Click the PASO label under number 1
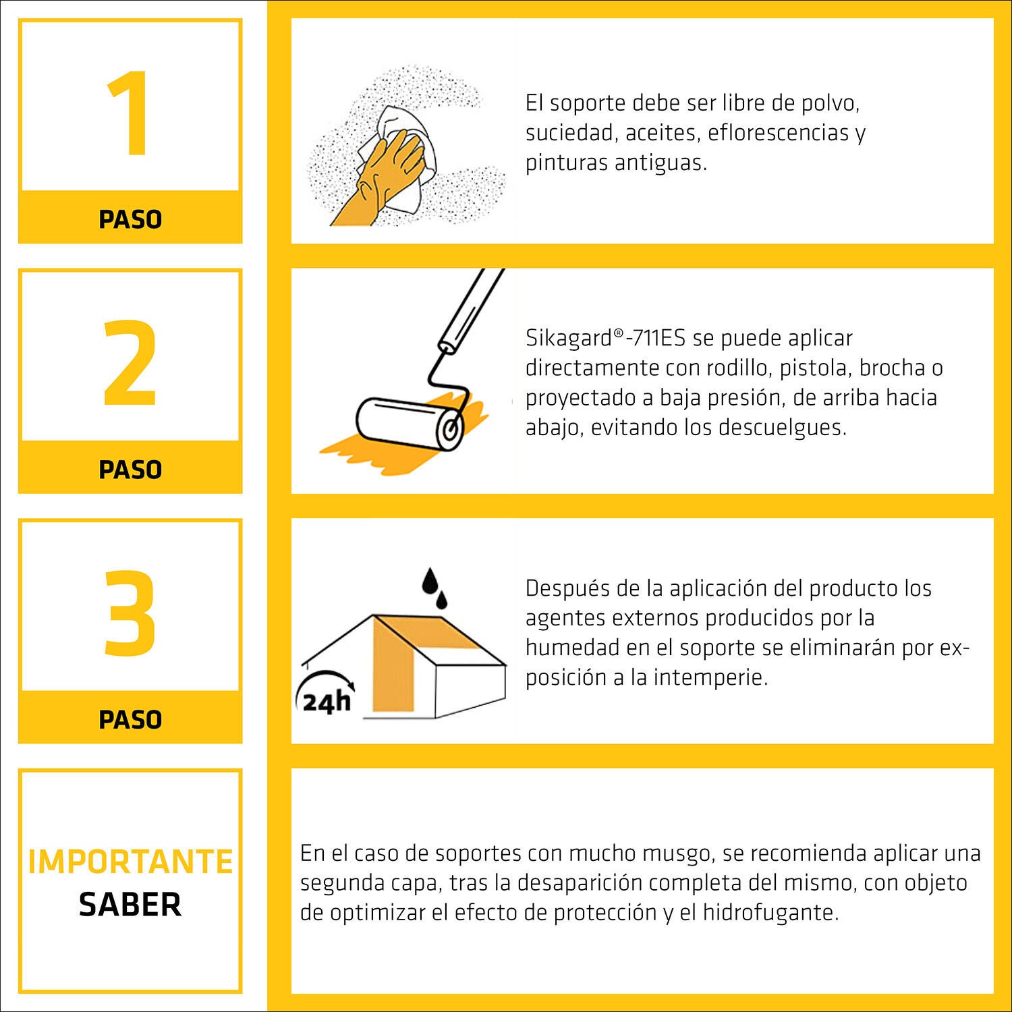coord(130,219)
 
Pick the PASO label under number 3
coord(130,720)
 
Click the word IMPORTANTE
coord(130,862)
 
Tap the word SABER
coord(130,905)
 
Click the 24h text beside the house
coord(327,702)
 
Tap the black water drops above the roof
coord(434,588)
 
